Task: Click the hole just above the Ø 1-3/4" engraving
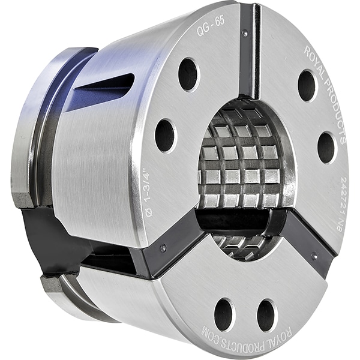coord(164,135)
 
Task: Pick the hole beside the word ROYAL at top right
coord(307,85)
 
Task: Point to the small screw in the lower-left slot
coord(164,246)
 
